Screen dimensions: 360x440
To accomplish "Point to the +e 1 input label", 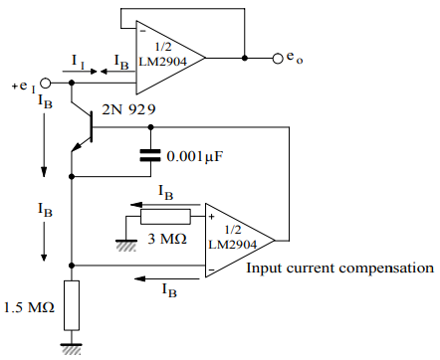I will point(24,86).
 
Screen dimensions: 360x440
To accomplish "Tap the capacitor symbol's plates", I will point(150,154).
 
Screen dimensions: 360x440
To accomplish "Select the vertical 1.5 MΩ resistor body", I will point(72,304).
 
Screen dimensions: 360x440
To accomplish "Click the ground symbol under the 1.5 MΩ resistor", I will point(72,347).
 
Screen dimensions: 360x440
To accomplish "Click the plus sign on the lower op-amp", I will point(210,215).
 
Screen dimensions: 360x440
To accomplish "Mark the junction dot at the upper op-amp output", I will point(243,59).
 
